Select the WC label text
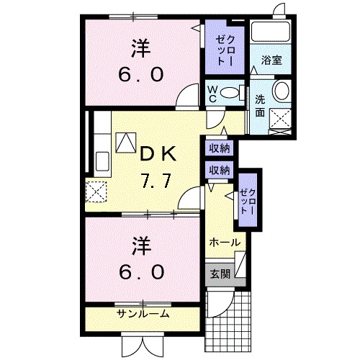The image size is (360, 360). coord(214,94)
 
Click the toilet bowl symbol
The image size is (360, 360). coord(230,93)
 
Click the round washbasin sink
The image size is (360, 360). coord(282,91)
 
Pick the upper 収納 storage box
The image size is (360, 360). coord(220,149)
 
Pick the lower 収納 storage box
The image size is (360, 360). coord(220,170)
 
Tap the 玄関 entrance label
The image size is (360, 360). coord(220,274)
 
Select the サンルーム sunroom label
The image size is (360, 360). coord(143,314)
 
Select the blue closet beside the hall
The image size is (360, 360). coord(248,199)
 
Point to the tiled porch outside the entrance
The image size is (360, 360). coord(230,317)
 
